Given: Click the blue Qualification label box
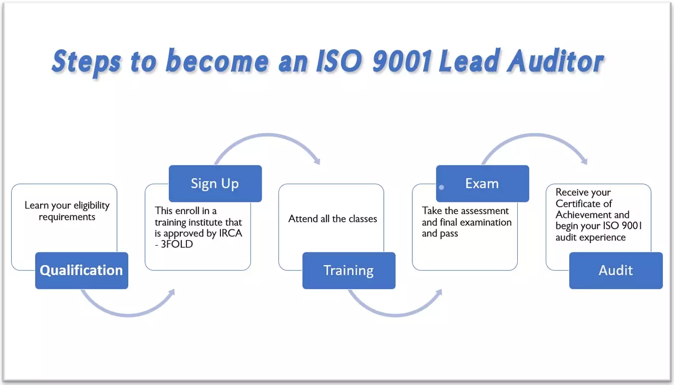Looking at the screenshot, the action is coord(81,271).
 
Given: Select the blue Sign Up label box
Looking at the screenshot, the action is coord(215,183).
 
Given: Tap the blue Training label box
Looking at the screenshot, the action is coord(349,271).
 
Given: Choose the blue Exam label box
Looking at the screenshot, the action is coord(482,183).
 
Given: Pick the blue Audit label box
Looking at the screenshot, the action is coord(616,271).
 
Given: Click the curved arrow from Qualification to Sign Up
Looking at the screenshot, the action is coord(128,315).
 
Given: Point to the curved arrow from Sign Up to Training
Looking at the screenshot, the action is coord(268,135).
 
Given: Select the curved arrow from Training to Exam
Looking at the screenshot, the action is coord(395,315).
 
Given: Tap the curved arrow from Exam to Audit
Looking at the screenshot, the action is coord(535,135).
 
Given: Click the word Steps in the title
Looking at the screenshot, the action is coord(87,62).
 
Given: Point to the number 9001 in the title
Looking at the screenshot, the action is coord(402,61).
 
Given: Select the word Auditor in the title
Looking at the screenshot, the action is coord(556,61).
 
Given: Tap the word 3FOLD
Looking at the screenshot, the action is coord(177,244).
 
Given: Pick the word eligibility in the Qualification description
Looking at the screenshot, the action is coord(92,206).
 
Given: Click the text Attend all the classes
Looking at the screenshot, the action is coord(332,219).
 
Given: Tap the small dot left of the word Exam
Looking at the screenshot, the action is coord(441,187).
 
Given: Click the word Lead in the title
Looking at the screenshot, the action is coord(468,61).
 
